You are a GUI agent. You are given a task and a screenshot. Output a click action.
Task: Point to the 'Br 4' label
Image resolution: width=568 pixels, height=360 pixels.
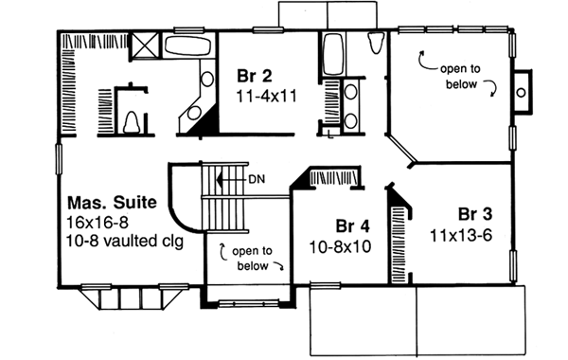[353, 226]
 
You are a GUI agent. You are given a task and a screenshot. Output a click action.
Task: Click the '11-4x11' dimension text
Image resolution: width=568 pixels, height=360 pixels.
[266, 97]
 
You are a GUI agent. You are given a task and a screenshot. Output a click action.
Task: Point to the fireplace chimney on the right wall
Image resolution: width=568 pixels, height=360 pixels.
[523, 88]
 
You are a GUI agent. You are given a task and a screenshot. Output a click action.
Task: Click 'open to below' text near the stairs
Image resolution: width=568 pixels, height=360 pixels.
[251, 257]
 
